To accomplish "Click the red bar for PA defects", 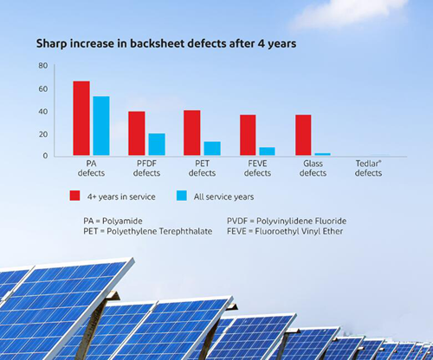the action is point(81,119).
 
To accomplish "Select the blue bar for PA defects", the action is point(101,125).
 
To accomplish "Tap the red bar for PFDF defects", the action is point(137,133).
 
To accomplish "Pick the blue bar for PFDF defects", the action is point(157,145).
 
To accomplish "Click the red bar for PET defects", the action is point(192,132).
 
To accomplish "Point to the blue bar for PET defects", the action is point(212,149).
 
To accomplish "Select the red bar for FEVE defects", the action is point(248,135).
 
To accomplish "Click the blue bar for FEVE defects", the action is point(267,151).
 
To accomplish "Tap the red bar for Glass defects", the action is point(303,135).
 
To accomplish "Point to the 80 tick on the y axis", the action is point(43,66).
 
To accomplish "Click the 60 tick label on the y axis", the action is point(43,89).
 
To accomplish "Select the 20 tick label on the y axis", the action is point(43,134).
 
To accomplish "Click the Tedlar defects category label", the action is point(368,168).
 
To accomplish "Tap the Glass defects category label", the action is point(313,168).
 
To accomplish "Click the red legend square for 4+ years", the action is point(74,196).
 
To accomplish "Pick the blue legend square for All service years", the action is point(182,196).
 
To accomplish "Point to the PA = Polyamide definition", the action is point(113,222).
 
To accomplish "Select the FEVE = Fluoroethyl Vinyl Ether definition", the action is point(285,231).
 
